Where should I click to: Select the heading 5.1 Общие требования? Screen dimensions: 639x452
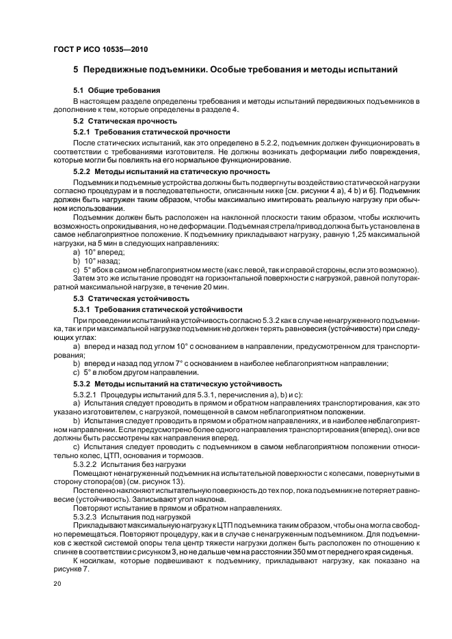pyautogui.click(x=117, y=90)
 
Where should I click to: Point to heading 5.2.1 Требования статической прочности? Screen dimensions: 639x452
pyautogui.click(x=151, y=131)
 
